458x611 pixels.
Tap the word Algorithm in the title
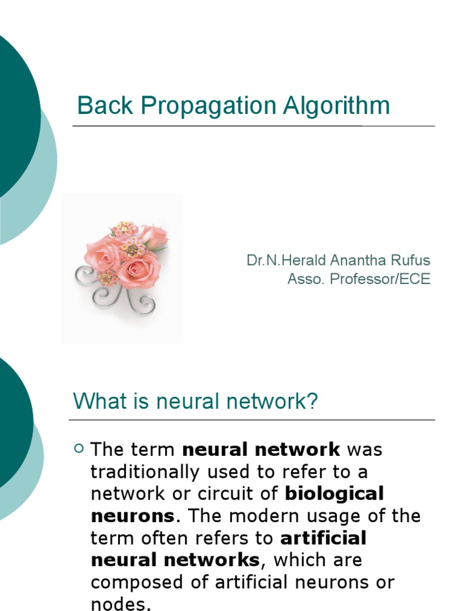tap(336, 106)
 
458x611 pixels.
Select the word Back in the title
tap(99, 106)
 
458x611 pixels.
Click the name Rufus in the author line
tap(410, 261)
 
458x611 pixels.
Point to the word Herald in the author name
tap(302, 261)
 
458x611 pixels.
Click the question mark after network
tap(312, 402)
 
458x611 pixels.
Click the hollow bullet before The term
tap(78, 449)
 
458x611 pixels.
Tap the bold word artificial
tap(323, 538)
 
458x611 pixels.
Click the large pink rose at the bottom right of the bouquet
tap(138, 270)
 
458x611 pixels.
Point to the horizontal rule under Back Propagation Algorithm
tap(253, 126)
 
